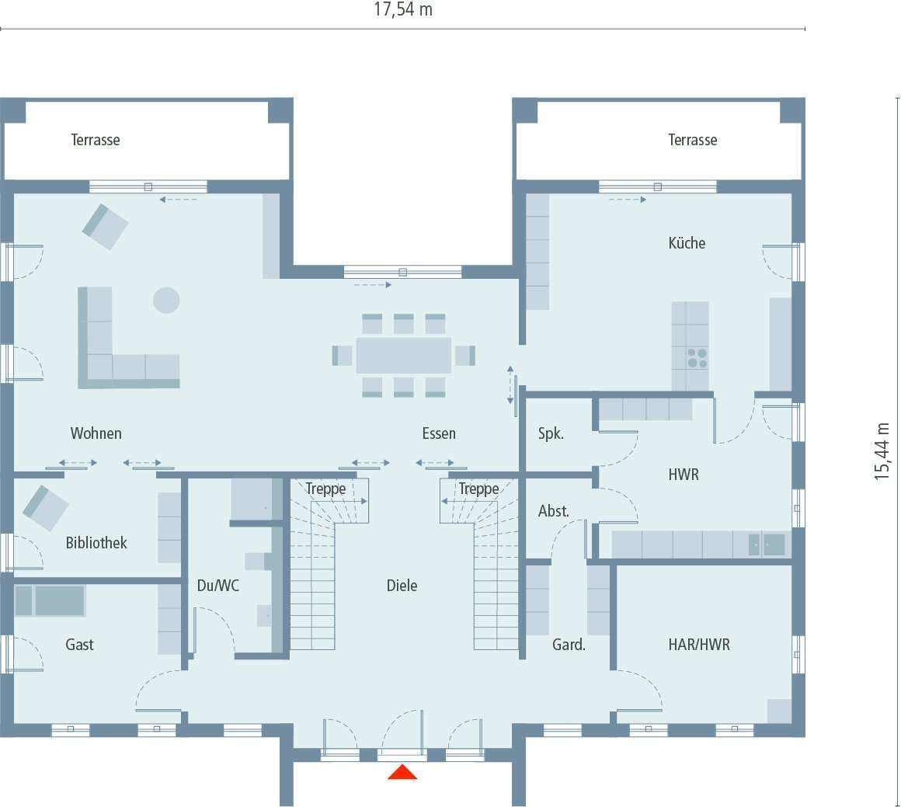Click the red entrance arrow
click(402, 772)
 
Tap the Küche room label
click(687, 243)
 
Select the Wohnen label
click(96, 433)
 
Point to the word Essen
click(439, 433)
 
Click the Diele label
click(402, 586)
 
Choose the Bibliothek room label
click(96, 543)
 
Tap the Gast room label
click(79, 644)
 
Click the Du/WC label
click(218, 586)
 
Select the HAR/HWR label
click(698, 644)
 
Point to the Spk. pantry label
click(551, 433)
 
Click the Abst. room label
click(554, 511)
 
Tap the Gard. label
click(569, 644)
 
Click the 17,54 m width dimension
click(403, 10)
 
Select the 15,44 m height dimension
click(882, 451)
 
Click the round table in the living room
click(166, 300)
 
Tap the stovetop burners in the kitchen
click(697, 358)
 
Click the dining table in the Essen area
click(404, 356)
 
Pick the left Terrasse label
click(96, 140)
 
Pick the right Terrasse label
click(692, 140)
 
